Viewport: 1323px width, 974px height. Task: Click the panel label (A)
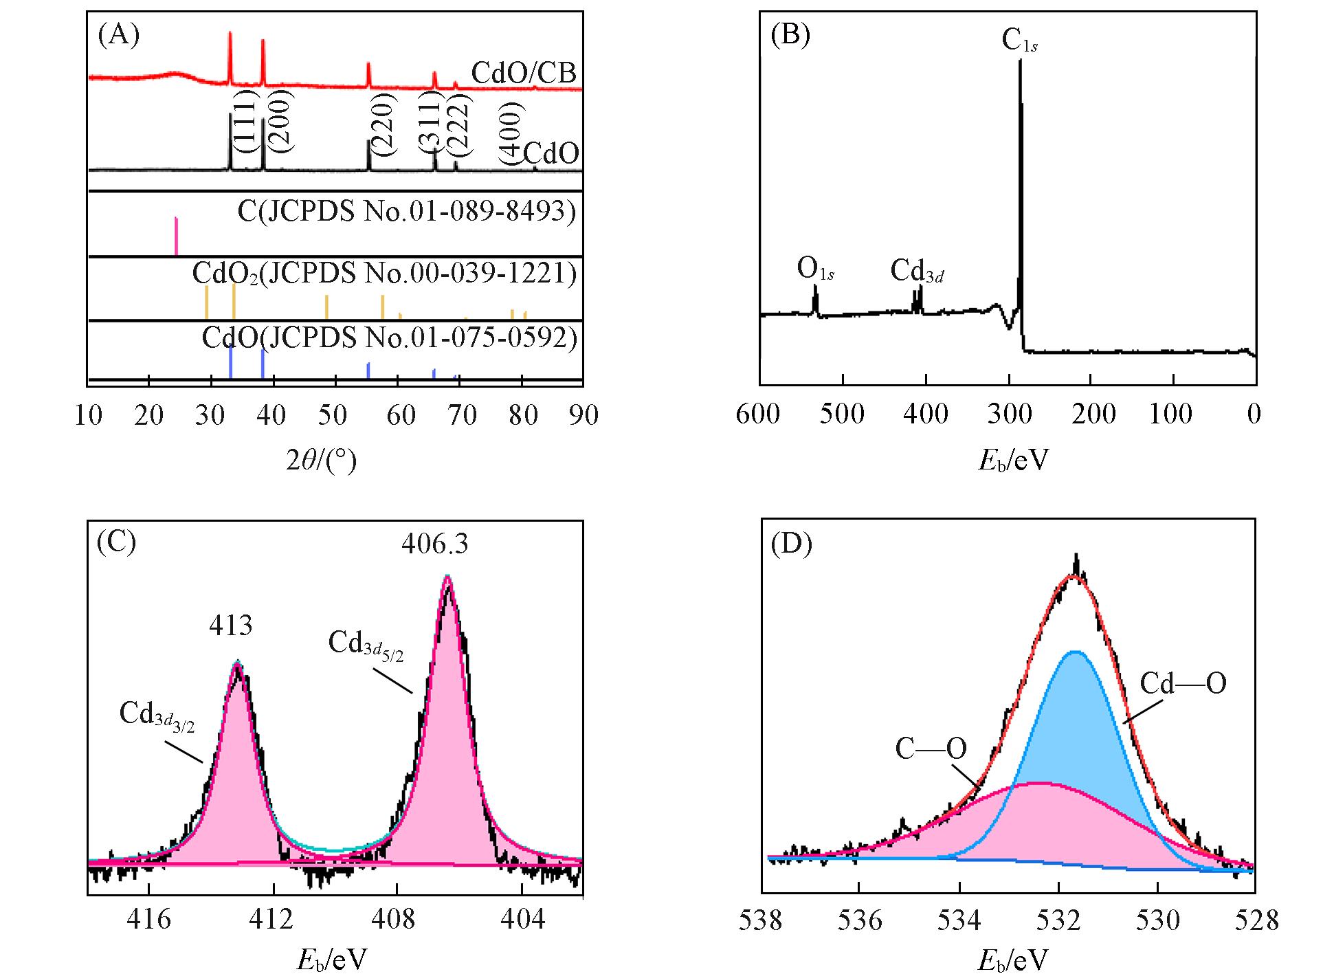119,34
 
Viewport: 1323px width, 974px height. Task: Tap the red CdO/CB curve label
524,72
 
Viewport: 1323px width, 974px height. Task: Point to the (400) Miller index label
512,134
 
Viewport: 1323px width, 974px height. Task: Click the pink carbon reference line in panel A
176,236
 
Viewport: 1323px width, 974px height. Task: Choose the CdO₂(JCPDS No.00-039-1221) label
384,274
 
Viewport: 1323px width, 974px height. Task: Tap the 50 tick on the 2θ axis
335,414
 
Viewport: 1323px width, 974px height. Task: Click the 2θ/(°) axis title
321,460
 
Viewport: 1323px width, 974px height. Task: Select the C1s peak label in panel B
1019,40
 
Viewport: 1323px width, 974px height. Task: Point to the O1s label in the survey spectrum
815,269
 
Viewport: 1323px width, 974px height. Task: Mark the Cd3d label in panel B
917,272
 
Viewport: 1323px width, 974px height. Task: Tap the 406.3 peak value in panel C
435,544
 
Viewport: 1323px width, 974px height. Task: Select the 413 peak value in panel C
231,626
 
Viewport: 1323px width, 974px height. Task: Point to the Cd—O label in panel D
1183,684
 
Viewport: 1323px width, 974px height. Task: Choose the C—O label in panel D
931,749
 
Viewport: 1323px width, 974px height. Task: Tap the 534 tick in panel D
959,920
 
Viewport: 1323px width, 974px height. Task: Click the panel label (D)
791,544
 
